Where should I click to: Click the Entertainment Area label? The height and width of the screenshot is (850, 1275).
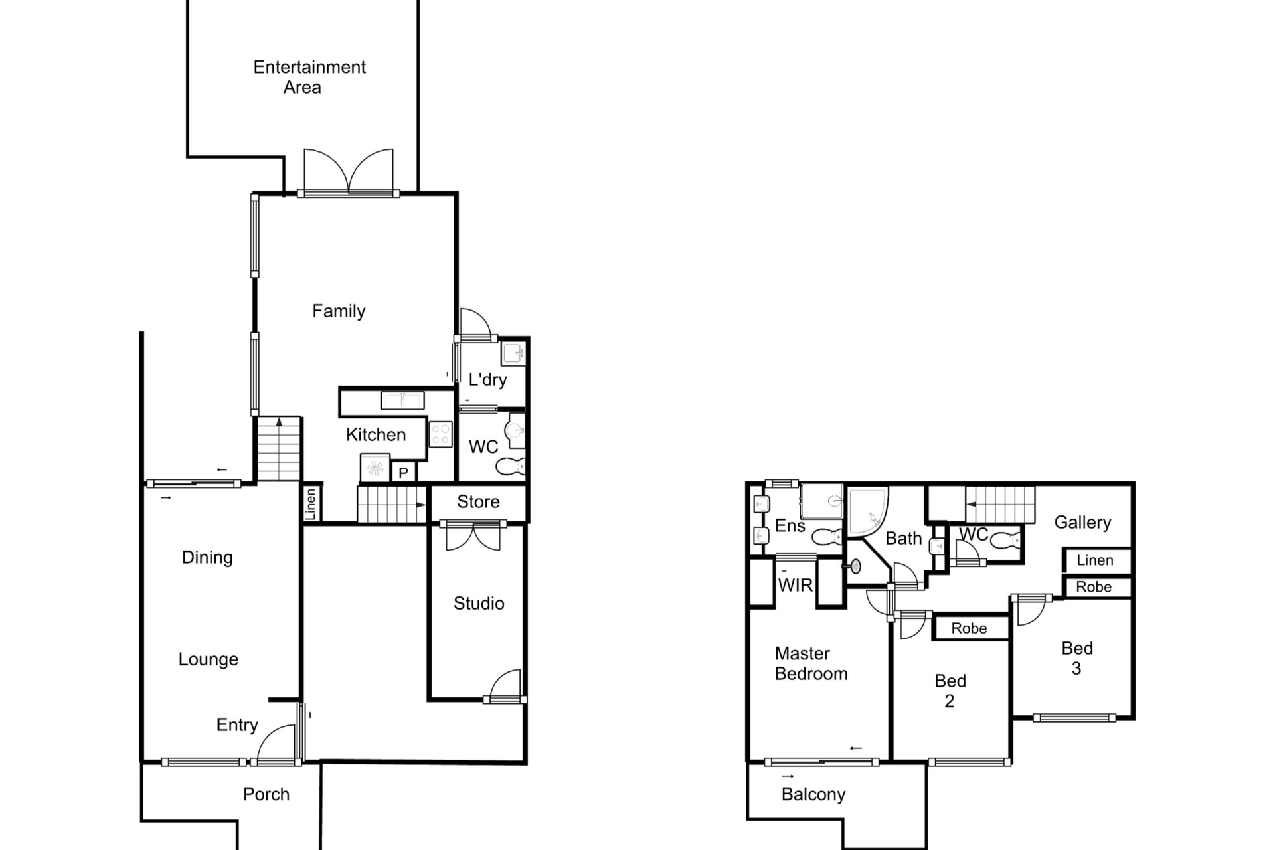[x=309, y=77]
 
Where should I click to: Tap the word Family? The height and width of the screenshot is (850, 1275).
[x=339, y=311]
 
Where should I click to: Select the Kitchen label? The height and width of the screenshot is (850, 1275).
[x=376, y=434]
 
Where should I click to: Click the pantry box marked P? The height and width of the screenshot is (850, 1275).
[x=403, y=472]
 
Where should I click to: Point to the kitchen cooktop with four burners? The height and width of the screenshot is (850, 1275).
[x=440, y=434]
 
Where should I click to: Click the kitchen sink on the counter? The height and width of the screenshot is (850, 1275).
[x=402, y=400]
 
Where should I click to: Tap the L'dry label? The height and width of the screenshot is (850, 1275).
[x=487, y=380]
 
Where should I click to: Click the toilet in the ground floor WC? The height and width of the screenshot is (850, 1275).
[x=510, y=467]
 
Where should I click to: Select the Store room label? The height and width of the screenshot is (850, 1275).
[x=478, y=501]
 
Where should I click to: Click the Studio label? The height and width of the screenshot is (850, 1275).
[x=479, y=603]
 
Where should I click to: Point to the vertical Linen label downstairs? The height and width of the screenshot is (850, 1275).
[x=311, y=504]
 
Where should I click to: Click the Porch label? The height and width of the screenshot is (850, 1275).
[x=266, y=794]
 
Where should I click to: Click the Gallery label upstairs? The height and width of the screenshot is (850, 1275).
[x=1082, y=523]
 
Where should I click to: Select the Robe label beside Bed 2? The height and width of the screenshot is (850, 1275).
[x=969, y=628]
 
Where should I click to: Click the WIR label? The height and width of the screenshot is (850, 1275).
[x=795, y=585]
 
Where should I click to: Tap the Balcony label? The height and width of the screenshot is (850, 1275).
[x=813, y=794]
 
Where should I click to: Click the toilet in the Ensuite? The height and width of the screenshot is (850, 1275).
[x=827, y=537]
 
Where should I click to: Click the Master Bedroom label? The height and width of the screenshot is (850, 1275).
[x=811, y=663]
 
